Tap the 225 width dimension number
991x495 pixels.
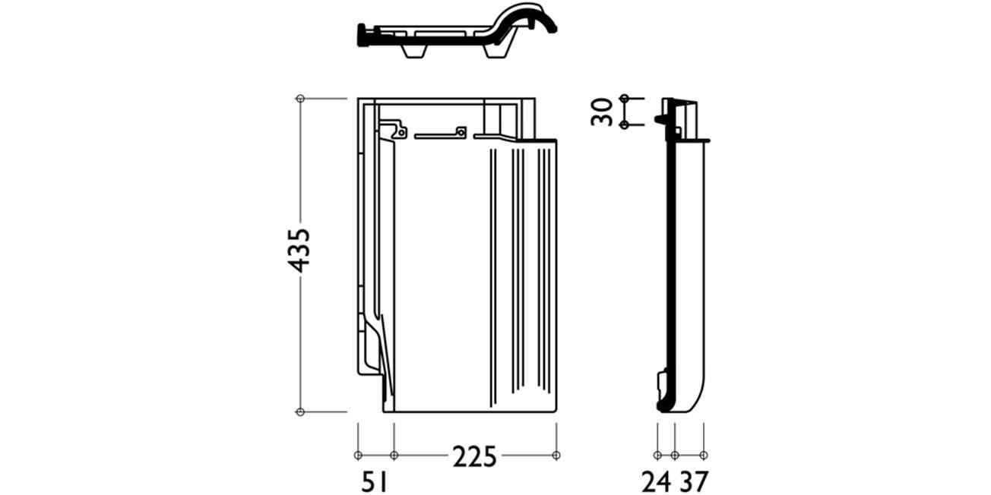[475, 457]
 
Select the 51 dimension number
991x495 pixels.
[374, 482]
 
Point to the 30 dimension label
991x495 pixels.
[602, 112]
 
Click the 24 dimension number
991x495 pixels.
[657, 482]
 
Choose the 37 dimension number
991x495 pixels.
[694, 482]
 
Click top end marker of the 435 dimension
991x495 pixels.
[300, 98]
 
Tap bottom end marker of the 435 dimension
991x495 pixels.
[300, 412]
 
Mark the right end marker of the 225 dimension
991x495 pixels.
[556, 456]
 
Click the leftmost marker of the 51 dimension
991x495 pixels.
[358, 456]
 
